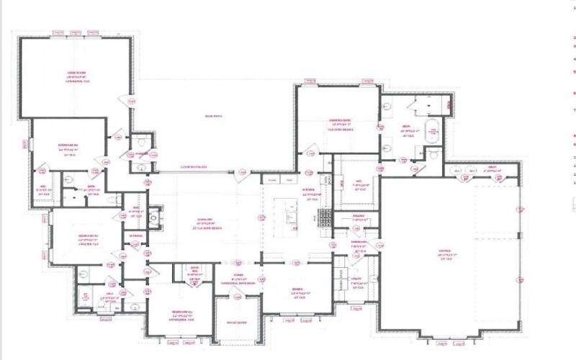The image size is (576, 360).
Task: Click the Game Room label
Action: (x=76, y=73)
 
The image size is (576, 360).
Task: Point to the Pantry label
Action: (x=359, y=216)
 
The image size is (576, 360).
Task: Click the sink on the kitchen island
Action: (x=291, y=216)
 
